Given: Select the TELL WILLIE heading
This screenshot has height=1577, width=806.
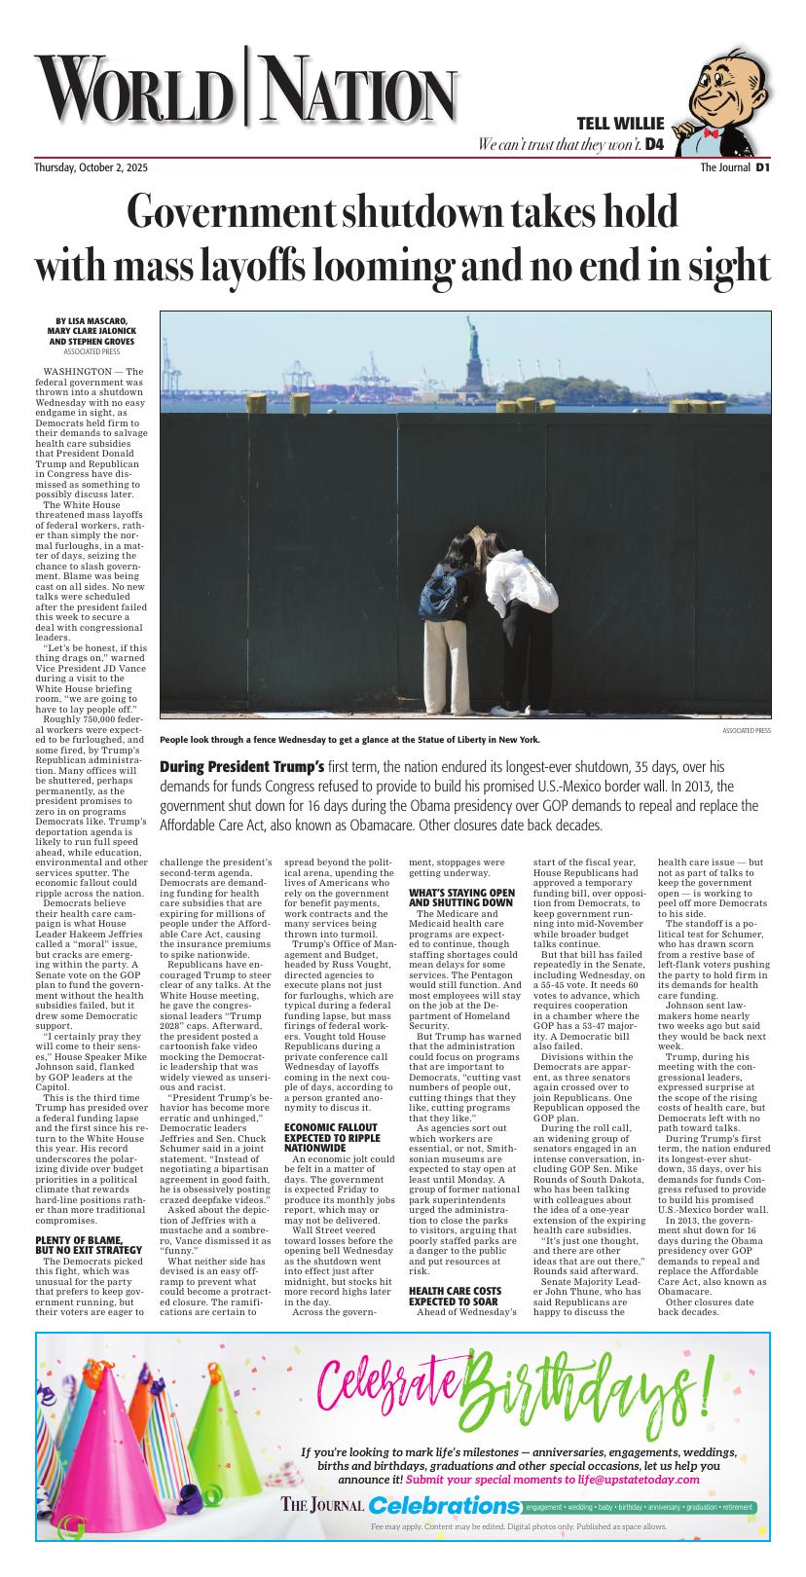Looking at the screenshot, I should (x=620, y=124).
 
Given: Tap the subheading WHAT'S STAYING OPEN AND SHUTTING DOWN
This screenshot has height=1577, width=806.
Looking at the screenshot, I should (x=461, y=897).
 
